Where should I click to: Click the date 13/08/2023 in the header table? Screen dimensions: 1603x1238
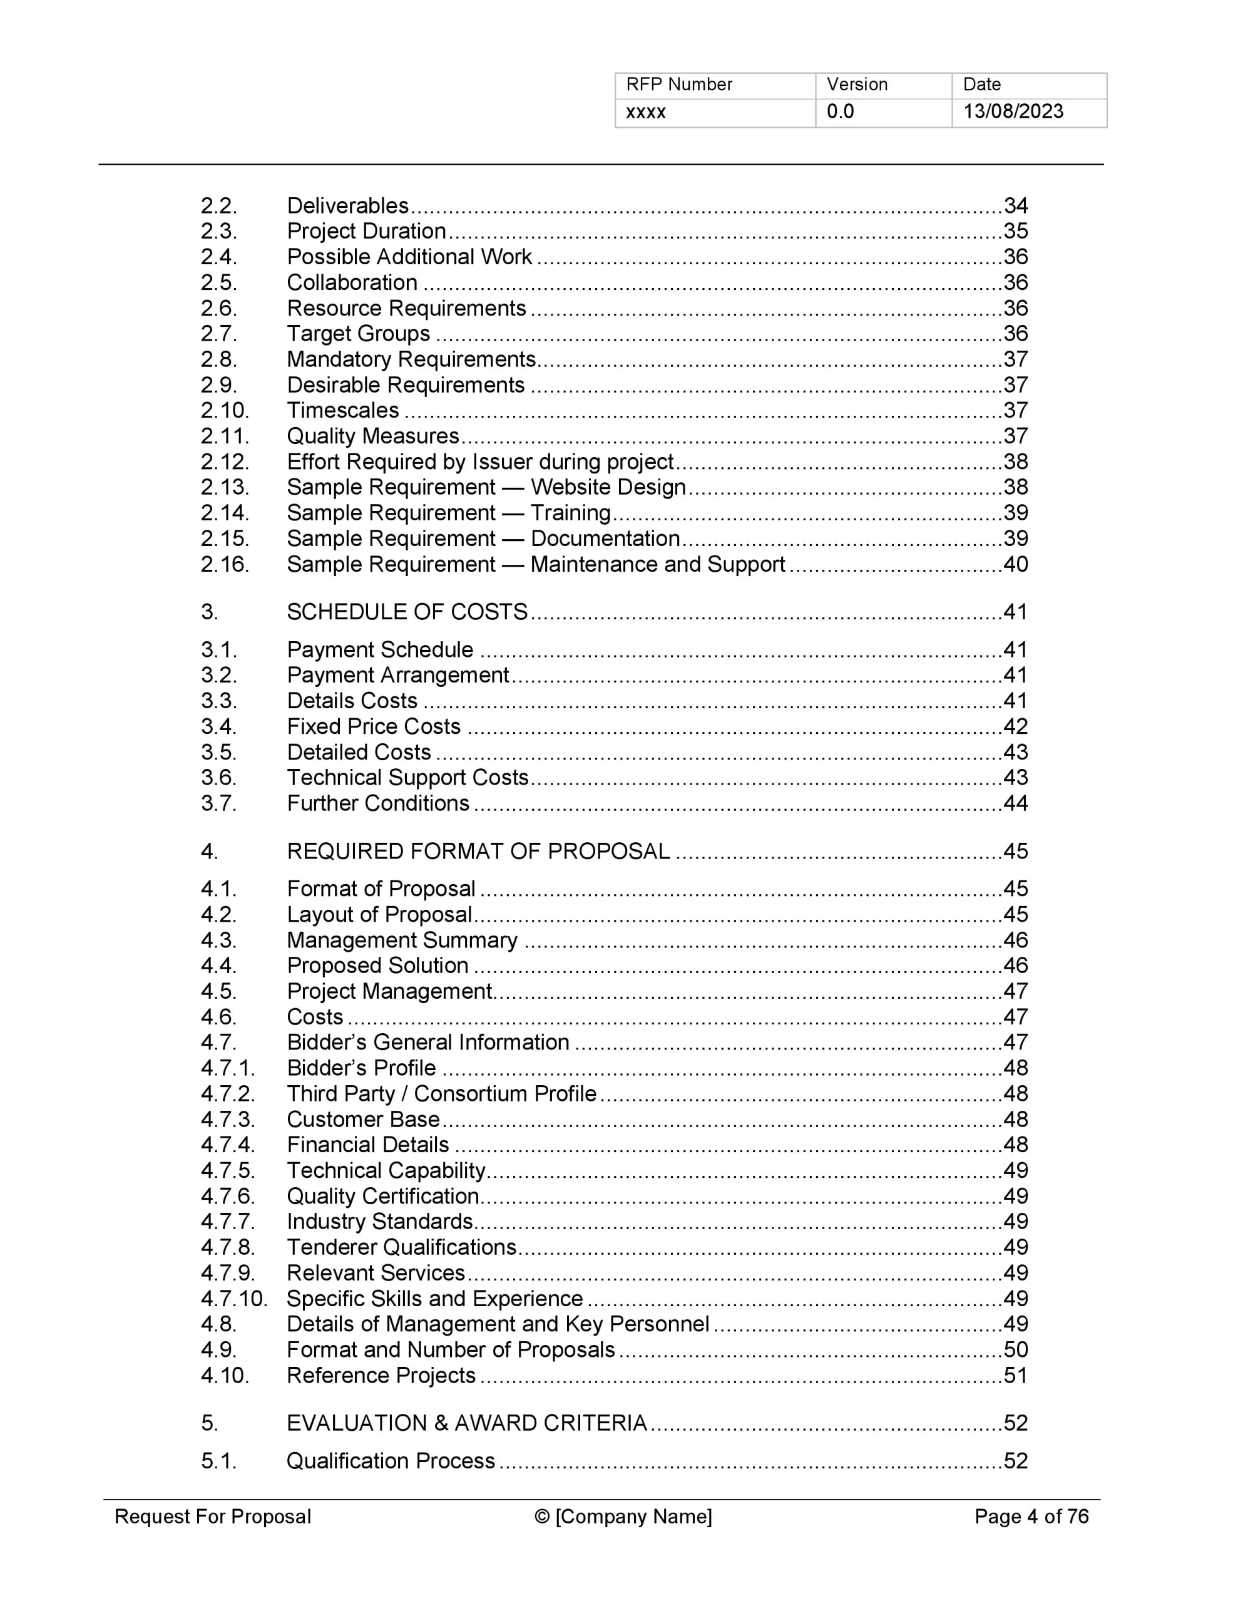coord(1012,111)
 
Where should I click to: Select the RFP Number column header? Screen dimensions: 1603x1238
coord(679,85)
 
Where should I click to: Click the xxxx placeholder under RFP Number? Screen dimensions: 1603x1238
coord(646,112)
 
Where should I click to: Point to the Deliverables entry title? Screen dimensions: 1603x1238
coord(347,205)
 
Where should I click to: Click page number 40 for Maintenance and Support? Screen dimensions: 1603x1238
coord(1015,564)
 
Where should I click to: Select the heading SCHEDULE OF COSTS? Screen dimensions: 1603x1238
coord(407,612)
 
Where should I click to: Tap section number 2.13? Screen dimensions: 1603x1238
coord(225,487)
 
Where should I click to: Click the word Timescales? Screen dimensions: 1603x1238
coord(343,410)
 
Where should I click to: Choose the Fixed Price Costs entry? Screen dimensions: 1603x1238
coord(374,726)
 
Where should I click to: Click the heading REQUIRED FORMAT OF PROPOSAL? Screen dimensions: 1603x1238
coord(478,852)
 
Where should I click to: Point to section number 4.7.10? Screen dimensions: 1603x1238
coord(234,1299)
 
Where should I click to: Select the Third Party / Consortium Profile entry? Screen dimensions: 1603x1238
coord(441,1094)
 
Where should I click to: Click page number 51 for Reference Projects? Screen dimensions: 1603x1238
coord(1015,1376)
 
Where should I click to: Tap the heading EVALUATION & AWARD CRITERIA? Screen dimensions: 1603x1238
coord(467,1423)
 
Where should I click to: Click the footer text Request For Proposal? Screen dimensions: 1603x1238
coord(213,1517)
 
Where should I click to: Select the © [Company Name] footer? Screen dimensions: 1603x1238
coord(623,1517)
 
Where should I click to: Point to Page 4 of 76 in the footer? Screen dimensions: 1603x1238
coord(1031,1517)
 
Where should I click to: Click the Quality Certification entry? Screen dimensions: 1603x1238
coord(382,1197)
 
